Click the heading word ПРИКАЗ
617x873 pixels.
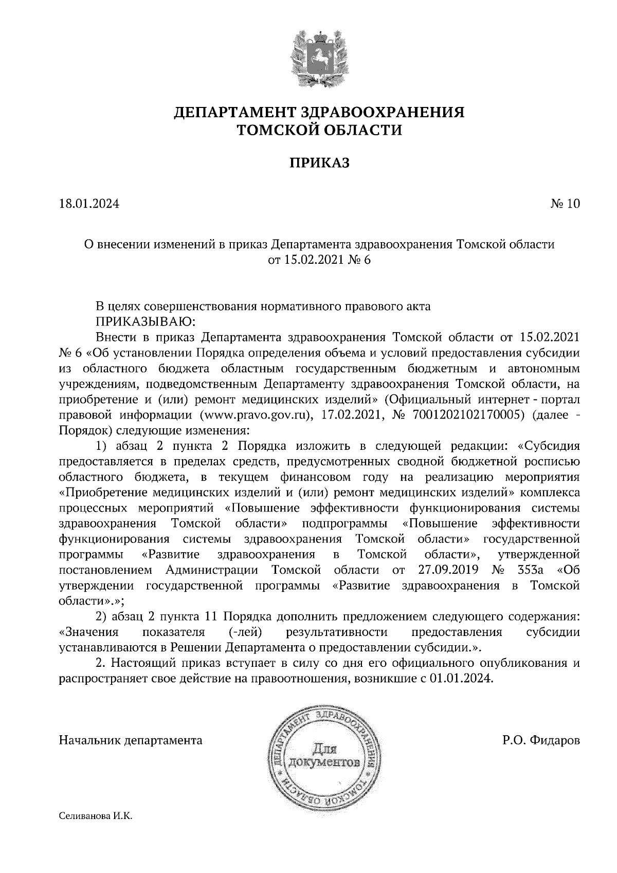click(x=319, y=163)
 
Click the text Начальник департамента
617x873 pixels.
click(x=131, y=740)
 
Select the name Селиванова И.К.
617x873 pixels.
click(x=96, y=816)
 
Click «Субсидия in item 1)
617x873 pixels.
click(x=547, y=446)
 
